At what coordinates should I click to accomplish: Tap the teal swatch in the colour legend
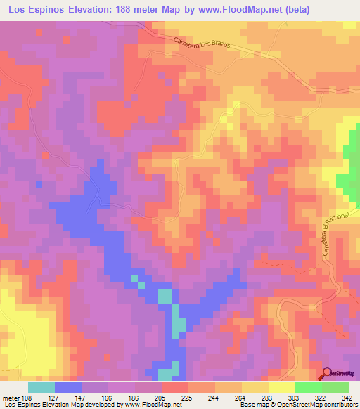41,387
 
